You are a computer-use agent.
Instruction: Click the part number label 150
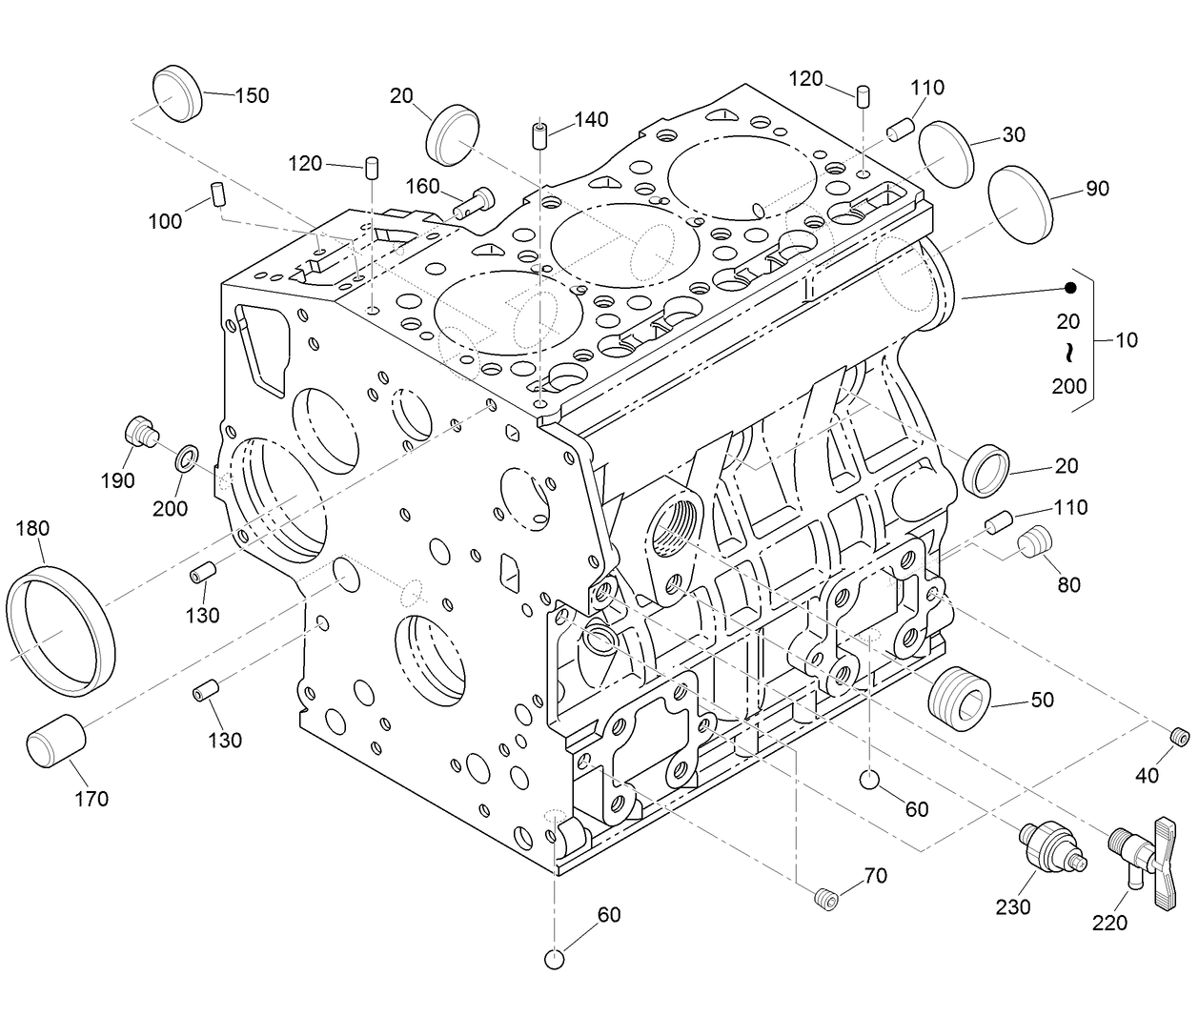252,95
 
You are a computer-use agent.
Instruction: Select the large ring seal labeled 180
60,629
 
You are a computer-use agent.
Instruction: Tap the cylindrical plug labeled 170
56,740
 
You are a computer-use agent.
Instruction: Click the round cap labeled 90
1021,205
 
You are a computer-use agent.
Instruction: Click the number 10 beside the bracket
1126,339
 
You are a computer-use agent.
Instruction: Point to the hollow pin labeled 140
539,135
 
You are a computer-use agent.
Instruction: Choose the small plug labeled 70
825,897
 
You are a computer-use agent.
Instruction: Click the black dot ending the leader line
1069,288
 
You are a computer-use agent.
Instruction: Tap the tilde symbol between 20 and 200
1068,354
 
